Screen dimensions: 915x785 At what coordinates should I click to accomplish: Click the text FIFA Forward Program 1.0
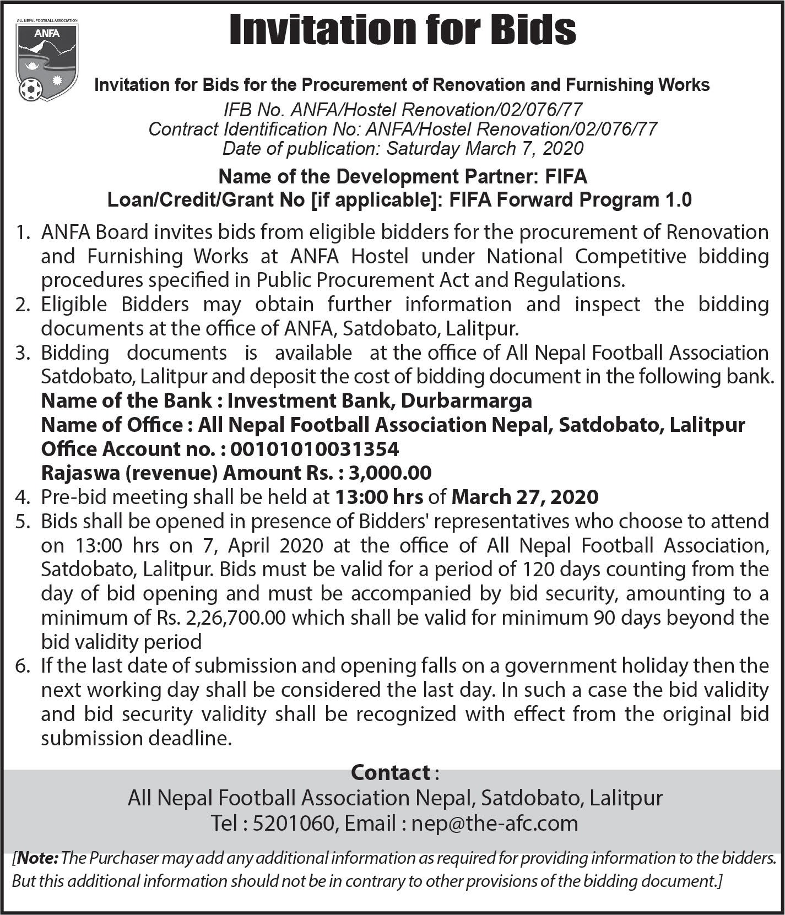pyautogui.click(x=570, y=199)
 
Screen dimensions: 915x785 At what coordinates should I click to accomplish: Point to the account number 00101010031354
pyautogui.click(x=315, y=449)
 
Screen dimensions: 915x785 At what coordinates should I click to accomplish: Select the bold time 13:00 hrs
pyautogui.click(x=379, y=497)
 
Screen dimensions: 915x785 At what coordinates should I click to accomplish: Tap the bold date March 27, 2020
pyautogui.click(x=524, y=497)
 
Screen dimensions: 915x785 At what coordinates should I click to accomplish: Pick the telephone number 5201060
pyautogui.click(x=293, y=823)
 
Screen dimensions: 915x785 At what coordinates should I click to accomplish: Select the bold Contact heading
pyautogui.click(x=391, y=772)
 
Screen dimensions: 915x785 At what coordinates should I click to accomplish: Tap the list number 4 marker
pyautogui.click(x=22, y=497)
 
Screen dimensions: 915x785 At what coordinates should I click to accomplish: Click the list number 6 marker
pyautogui.click(x=22, y=666)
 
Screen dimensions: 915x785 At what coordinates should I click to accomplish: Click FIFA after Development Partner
pyautogui.click(x=566, y=177)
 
